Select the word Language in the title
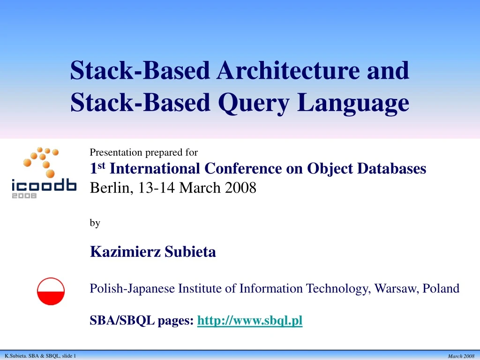[353, 103]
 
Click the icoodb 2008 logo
[44, 173]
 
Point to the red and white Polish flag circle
[51, 291]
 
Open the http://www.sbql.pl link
[250, 321]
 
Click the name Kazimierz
[126, 252]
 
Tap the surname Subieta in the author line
[190, 252]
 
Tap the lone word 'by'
[95, 223]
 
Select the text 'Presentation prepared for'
[143, 152]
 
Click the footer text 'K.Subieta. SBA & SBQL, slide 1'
[40, 356]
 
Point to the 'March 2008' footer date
[461, 356]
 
